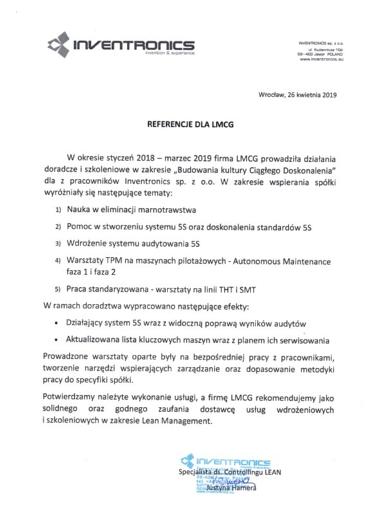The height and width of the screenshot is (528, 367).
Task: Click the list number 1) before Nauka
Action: (59, 211)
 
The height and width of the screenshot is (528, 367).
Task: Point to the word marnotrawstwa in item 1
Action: (168, 211)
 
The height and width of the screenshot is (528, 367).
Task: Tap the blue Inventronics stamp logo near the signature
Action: (188, 461)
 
